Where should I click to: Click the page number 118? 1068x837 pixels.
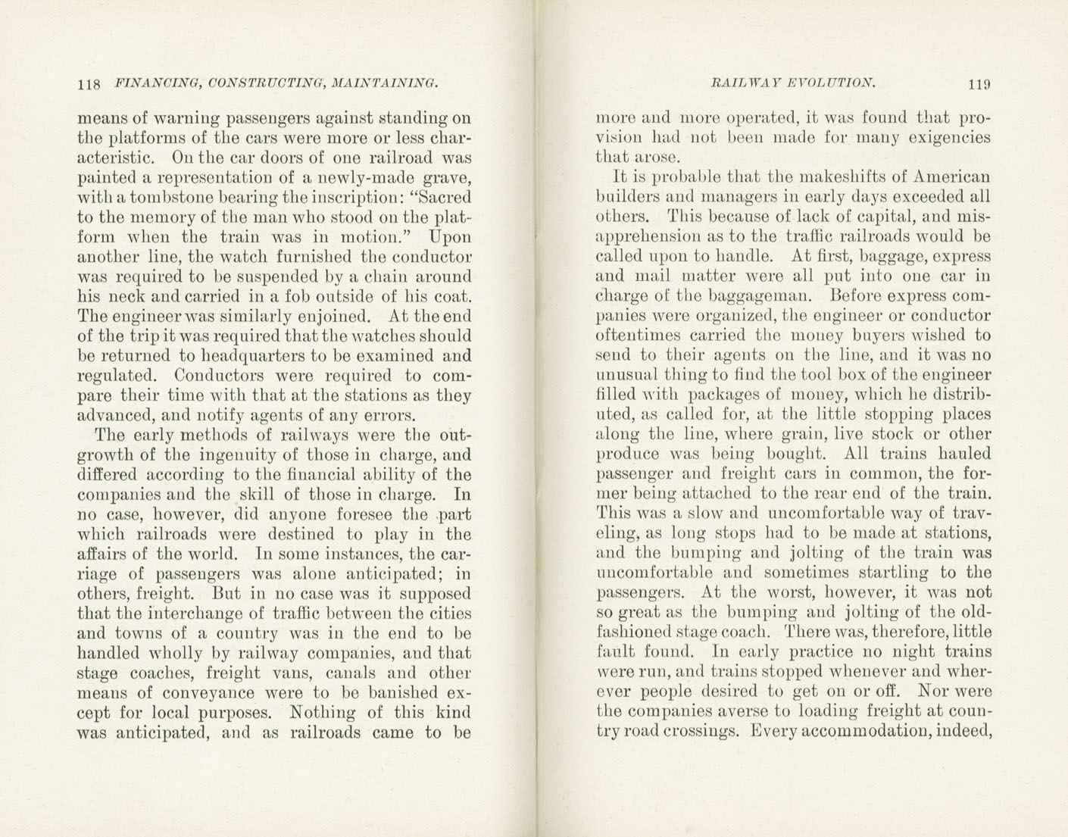coord(89,84)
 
